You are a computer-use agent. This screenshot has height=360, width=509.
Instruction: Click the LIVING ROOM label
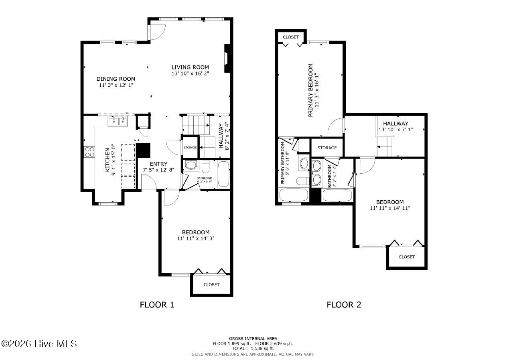pyautogui.click(x=190, y=67)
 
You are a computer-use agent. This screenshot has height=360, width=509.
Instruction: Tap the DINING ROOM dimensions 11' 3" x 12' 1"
pyautogui.click(x=116, y=85)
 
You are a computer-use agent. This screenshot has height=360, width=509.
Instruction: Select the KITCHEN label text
pyautogui.click(x=107, y=160)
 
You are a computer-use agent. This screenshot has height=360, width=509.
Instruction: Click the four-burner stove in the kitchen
pyautogui.click(x=89, y=152)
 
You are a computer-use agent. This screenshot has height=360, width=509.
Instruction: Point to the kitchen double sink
pyautogui.click(x=118, y=121)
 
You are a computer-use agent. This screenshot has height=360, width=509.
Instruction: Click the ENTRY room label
pyautogui.click(x=158, y=164)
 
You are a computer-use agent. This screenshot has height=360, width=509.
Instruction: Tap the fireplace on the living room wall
pyautogui.click(x=227, y=58)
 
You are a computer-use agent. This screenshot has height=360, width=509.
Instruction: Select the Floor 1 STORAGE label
pyautogui.click(x=190, y=148)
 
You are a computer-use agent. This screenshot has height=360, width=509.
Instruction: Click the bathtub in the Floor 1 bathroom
pyautogui.click(x=223, y=174)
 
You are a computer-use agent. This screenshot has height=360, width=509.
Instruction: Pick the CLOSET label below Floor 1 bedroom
pyautogui.click(x=211, y=285)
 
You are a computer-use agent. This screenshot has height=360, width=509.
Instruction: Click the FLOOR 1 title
pyautogui.click(x=157, y=305)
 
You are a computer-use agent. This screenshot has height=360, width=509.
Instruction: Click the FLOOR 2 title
pyautogui.click(x=344, y=305)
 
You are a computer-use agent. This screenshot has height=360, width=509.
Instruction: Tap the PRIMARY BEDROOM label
pyautogui.click(x=310, y=90)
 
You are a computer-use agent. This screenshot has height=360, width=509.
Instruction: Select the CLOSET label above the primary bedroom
pyautogui.click(x=291, y=37)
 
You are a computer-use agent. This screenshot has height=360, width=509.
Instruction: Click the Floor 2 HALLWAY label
pyautogui.click(x=395, y=123)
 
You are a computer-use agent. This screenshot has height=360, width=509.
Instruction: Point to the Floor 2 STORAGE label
pyautogui.click(x=327, y=148)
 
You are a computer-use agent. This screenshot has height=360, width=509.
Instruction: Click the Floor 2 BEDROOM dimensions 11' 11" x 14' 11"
pyautogui.click(x=390, y=208)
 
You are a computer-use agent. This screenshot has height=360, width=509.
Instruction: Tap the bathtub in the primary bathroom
pyautogui.click(x=293, y=195)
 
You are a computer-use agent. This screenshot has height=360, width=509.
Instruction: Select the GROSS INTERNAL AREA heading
pyautogui.click(x=253, y=338)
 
